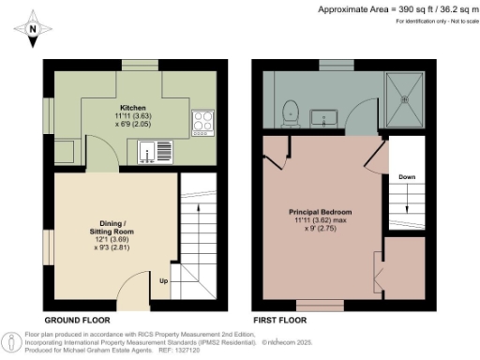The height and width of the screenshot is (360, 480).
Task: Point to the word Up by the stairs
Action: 164,281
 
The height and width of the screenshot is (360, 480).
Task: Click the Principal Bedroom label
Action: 318,212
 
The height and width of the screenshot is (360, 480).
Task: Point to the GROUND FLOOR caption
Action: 80,320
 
